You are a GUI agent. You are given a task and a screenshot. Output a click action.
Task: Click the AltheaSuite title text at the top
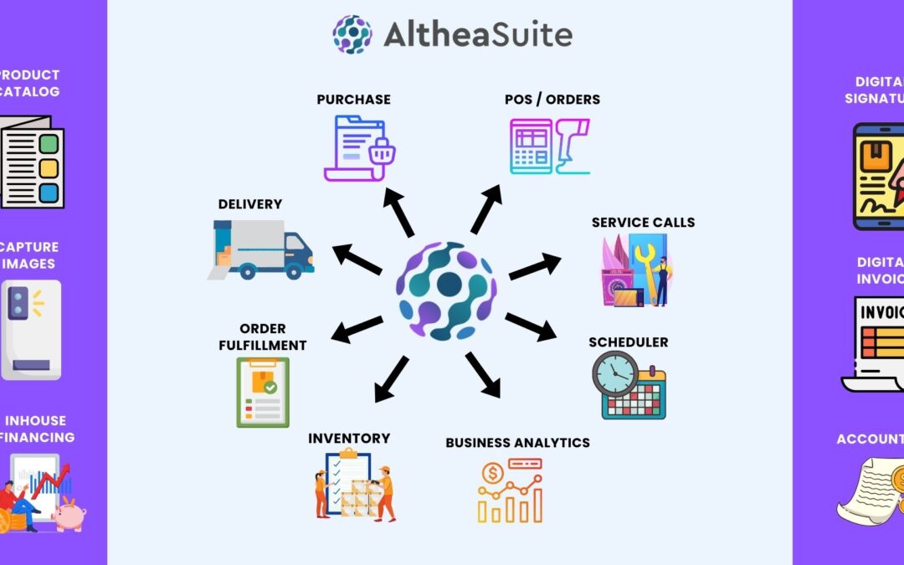pos(478,34)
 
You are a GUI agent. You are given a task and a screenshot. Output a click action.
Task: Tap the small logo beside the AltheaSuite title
pos(352,34)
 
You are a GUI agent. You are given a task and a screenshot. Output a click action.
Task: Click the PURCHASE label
pos(353,100)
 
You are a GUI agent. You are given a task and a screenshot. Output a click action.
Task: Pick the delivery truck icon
pos(262,249)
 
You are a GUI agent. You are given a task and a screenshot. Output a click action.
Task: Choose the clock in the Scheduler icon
pos(615,374)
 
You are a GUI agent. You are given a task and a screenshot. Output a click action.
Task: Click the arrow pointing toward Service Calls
pos(535,266)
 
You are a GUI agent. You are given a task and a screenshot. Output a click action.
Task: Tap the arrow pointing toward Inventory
pos(392,378)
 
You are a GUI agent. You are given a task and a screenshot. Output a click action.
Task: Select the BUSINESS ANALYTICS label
pos(517,443)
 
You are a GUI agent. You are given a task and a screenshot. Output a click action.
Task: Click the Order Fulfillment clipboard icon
pos(263,392)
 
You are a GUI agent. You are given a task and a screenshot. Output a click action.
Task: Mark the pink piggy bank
pos(69,514)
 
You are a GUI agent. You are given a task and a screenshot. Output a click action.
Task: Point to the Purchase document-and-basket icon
pos(359,148)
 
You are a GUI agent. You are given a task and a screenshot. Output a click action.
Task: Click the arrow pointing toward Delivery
pos(357,259)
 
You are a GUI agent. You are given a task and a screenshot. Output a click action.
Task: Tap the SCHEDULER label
pos(628,342)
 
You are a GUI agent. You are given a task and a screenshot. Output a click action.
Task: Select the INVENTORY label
pos(349,439)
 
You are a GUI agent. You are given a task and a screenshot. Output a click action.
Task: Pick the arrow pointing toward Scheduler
pos(531,326)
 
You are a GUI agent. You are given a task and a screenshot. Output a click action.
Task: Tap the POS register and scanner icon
pos(550,146)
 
